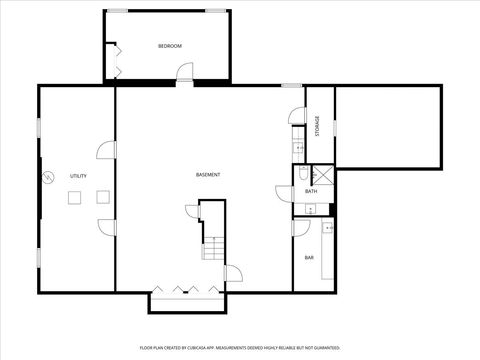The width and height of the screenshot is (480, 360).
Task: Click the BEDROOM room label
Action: coord(169,47)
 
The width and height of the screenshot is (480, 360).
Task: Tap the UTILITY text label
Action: coord(78,176)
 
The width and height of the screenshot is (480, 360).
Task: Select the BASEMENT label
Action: coord(208,175)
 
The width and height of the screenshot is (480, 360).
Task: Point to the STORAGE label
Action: coord(317,126)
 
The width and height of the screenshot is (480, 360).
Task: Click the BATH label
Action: coord(311,191)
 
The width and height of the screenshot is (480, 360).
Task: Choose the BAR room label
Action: coord(309,258)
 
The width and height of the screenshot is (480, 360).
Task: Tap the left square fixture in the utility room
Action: coord(74,198)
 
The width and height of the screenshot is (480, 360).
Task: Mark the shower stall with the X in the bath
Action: coord(320,172)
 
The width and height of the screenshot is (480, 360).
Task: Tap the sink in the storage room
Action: coord(298,149)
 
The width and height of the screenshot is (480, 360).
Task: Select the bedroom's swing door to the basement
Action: coord(184,72)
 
